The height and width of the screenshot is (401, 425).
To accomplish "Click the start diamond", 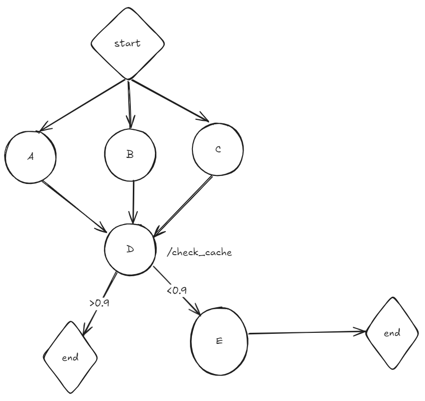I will click(128, 43).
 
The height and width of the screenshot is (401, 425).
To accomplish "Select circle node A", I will click(30, 156).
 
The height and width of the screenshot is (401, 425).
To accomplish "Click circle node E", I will click(219, 340).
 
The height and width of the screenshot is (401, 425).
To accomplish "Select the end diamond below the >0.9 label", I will click(70, 357).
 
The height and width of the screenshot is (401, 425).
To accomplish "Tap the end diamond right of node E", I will click(392, 333).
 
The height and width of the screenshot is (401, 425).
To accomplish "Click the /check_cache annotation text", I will click(199, 253).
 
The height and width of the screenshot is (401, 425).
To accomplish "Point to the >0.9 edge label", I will click(99, 303).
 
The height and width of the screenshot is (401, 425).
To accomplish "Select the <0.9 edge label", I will click(175, 290).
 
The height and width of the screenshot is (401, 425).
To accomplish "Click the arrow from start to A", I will click(83, 104).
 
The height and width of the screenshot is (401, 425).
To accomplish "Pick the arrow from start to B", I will click(129, 103).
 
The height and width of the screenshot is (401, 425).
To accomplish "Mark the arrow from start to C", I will click(169, 100).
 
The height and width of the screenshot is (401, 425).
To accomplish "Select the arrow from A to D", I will click(75, 206).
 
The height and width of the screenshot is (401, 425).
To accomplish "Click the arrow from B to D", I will click(133, 200).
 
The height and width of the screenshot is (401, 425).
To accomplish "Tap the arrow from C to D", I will click(183, 204).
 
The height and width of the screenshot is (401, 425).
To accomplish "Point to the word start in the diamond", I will click(128, 43).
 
